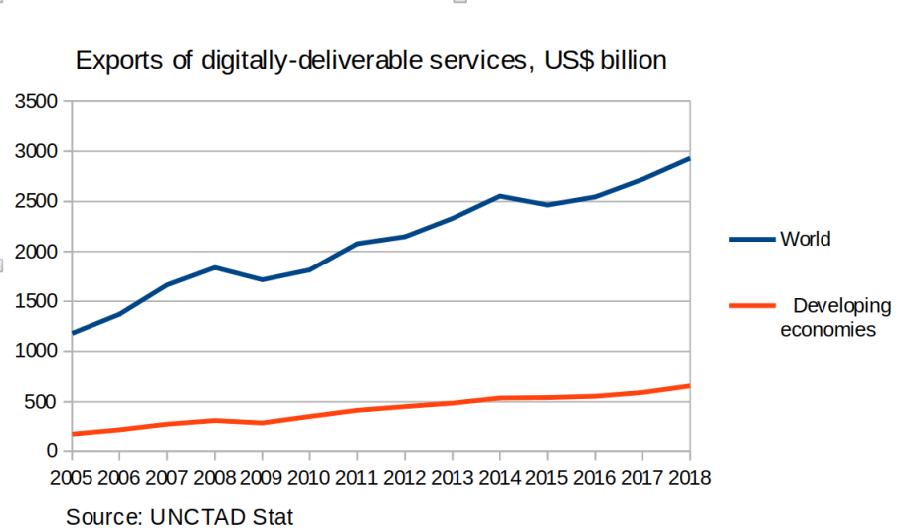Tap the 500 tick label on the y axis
43,402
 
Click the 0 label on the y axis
54,451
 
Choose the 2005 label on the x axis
72,478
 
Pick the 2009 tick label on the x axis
263,478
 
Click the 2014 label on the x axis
500,478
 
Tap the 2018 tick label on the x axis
689,478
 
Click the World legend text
805,239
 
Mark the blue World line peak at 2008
215,267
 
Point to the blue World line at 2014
500,196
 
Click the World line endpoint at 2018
689,158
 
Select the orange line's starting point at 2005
73,434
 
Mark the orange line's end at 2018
689,385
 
